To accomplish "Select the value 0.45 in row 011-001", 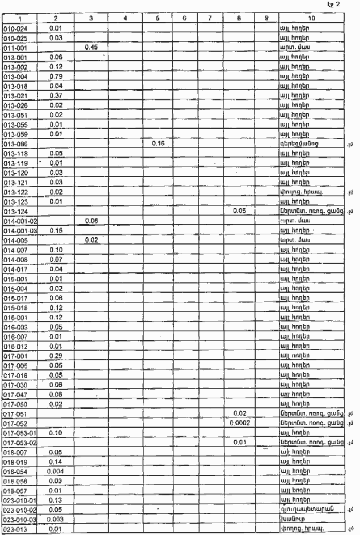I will pos(92,47).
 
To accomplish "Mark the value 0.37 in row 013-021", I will pos(56,95).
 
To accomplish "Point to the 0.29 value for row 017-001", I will pos(56,355).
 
